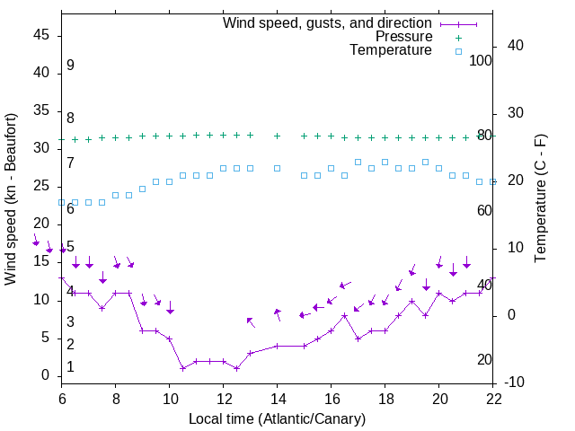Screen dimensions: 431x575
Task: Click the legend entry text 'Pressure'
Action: click(404, 37)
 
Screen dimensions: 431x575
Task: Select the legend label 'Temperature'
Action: click(391, 51)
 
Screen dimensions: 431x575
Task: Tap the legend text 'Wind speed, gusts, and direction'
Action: click(328, 22)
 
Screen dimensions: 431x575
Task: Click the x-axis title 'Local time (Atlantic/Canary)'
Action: click(277, 419)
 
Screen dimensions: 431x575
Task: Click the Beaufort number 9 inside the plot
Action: click(70, 66)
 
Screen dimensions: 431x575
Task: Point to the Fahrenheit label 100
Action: click(482, 60)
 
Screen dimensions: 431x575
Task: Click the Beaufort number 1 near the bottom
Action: click(70, 367)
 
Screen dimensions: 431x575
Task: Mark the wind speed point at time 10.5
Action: click(182, 368)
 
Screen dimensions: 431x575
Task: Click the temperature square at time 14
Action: click(277, 168)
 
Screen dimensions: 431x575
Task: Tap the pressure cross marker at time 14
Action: click(277, 136)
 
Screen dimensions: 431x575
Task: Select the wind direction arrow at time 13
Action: click(251, 322)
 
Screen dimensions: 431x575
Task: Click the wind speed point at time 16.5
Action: click(344, 316)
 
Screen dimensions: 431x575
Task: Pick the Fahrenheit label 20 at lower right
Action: click(484, 360)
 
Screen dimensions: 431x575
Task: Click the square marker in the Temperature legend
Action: click(458, 51)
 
